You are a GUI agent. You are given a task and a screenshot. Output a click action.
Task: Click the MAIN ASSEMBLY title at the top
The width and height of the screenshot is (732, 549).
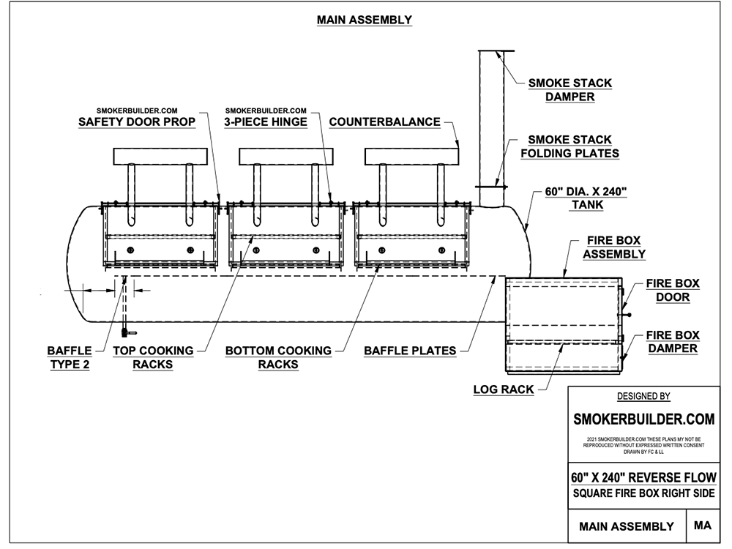(x=364, y=20)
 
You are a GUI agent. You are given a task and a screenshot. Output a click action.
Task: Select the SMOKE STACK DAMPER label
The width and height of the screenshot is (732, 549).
(x=569, y=90)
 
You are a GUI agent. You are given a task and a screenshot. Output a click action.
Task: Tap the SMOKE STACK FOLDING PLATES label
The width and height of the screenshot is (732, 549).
(x=569, y=146)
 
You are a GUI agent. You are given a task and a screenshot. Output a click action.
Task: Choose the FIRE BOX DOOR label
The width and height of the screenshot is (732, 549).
(x=673, y=290)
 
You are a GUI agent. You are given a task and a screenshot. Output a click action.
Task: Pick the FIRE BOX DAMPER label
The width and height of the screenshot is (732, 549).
(x=672, y=342)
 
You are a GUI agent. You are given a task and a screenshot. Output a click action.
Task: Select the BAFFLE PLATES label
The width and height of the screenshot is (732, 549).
(x=410, y=351)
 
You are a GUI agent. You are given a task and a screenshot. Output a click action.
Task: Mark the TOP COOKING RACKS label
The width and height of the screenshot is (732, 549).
(x=153, y=357)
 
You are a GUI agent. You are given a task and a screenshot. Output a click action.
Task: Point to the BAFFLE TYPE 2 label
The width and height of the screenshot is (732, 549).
(x=69, y=357)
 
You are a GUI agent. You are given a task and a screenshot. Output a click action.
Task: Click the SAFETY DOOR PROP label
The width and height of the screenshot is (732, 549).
(x=137, y=122)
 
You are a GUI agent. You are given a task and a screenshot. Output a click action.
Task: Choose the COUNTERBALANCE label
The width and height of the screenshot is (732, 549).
(x=385, y=122)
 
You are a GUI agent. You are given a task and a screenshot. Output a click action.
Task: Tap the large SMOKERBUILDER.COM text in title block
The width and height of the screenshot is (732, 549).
(x=643, y=419)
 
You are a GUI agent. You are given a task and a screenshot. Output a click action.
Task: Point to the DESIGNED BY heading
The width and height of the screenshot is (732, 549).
(x=643, y=397)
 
